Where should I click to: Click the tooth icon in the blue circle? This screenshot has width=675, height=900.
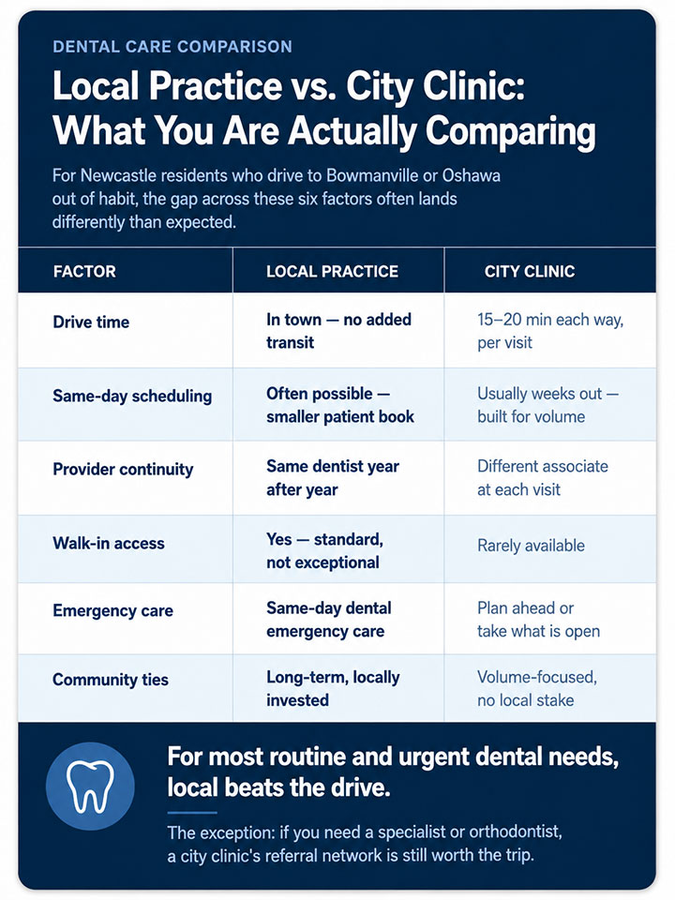pyautogui.click(x=90, y=787)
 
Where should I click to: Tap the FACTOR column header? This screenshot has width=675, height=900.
pyautogui.click(x=84, y=272)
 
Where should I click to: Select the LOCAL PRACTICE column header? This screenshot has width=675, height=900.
pyautogui.click(x=332, y=272)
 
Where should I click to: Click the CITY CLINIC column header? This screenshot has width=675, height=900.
pyautogui.click(x=529, y=272)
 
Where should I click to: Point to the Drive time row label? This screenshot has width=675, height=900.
pyautogui.click(x=91, y=322)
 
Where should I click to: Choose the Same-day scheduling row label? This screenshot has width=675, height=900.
pyautogui.click(x=132, y=396)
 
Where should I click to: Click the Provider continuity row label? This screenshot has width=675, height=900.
pyautogui.click(x=123, y=470)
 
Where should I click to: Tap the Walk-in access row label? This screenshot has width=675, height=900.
pyautogui.click(x=109, y=543)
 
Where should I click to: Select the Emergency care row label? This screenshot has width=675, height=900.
pyautogui.click(x=113, y=610)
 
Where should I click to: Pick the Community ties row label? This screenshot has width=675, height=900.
pyautogui.click(x=111, y=680)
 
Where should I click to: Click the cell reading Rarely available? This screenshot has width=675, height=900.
pyautogui.click(x=531, y=546)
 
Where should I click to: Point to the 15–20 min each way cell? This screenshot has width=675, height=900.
pyautogui.click(x=550, y=331)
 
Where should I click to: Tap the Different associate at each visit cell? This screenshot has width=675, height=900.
pyautogui.click(x=543, y=478)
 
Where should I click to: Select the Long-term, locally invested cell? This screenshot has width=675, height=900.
pyautogui.click(x=333, y=689)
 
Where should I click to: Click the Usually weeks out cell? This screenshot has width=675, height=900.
pyautogui.click(x=548, y=405)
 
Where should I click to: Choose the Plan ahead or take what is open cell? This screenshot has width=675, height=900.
pyautogui.click(x=538, y=620)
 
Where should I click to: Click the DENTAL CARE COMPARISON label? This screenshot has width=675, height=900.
pyautogui.click(x=172, y=47)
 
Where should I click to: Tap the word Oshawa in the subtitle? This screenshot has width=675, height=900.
pyautogui.click(x=472, y=175)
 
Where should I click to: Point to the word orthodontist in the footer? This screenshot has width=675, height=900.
pyautogui.click(x=515, y=832)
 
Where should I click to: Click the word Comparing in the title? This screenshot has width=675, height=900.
pyautogui.click(x=510, y=132)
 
